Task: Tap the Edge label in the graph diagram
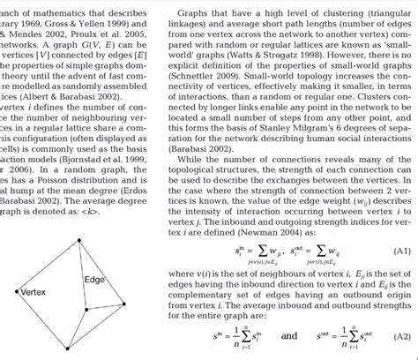(93, 279)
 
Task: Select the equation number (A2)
(401, 335)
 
